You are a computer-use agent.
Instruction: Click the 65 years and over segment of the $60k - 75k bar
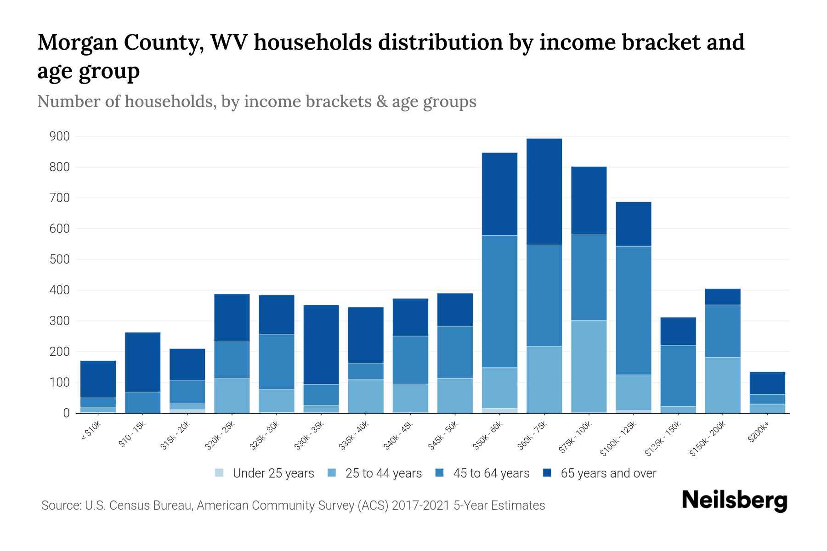pyautogui.click(x=544, y=191)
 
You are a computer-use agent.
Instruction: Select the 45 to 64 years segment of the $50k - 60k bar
pyautogui.click(x=499, y=301)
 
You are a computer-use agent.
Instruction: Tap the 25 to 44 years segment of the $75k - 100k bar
pyautogui.click(x=589, y=365)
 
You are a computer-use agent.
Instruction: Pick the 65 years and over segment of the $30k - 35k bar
pyautogui.click(x=321, y=344)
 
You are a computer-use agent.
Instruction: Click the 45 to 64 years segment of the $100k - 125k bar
pyautogui.click(x=633, y=310)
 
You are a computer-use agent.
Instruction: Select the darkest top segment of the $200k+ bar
pyautogui.click(x=767, y=383)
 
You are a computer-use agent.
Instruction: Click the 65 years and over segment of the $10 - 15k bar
pyautogui.click(x=142, y=362)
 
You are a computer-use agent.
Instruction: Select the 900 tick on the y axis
pyautogui.click(x=60, y=136)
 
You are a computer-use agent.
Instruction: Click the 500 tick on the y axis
pyautogui.click(x=60, y=259)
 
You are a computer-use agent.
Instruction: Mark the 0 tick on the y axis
pyautogui.click(x=66, y=413)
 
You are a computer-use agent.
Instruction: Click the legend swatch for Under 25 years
pyautogui.click(x=220, y=473)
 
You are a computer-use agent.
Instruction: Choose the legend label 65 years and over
pyautogui.click(x=608, y=473)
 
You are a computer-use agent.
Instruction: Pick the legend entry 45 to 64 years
pyautogui.click(x=491, y=473)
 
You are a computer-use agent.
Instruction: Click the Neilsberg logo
pyautogui.click(x=734, y=500)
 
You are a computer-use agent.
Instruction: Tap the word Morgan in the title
pyautogui.click(x=75, y=43)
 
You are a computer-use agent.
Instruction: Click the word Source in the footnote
pyautogui.click(x=60, y=506)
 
